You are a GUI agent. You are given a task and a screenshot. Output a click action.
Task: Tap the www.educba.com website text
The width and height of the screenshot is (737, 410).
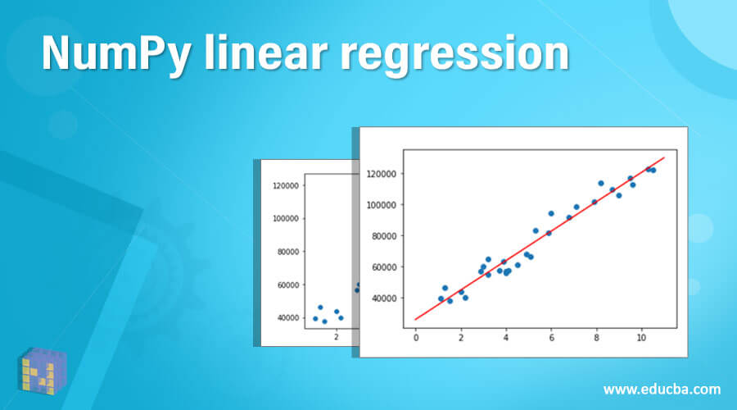click(662, 388)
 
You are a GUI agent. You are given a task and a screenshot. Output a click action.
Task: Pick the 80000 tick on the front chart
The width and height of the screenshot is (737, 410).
click(383, 236)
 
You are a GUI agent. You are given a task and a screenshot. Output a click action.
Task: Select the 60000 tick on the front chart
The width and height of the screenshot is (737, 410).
click(383, 267)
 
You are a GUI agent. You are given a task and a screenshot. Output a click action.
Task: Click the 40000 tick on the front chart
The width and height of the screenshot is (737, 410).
click(383, 298)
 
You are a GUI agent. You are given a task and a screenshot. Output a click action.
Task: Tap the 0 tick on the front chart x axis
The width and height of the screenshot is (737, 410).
click(416, 336)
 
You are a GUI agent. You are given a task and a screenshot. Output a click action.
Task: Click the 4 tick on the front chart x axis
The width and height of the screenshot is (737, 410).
click(506, 336)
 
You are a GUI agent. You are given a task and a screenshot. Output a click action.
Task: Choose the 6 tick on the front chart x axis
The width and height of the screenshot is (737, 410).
click(551, 336)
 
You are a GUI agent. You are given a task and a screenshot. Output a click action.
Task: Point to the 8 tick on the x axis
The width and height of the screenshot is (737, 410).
click(596, 336)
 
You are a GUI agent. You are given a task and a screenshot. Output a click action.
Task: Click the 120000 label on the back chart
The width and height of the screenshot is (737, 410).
click(284, 185)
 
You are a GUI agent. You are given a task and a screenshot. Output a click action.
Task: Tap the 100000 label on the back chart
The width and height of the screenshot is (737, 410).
click(284, 219)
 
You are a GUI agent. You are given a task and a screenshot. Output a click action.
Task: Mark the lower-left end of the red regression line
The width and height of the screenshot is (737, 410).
click(416, 319)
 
